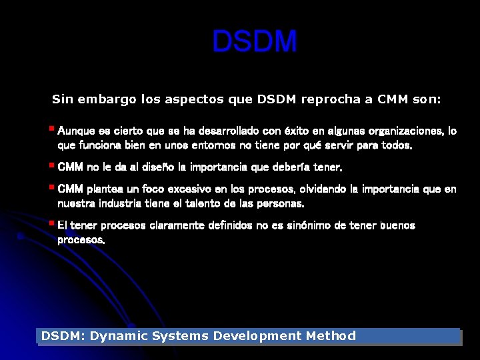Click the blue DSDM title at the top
point(255,42)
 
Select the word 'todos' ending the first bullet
point(397,145)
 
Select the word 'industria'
point(126,203)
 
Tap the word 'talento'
point(226,203)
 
